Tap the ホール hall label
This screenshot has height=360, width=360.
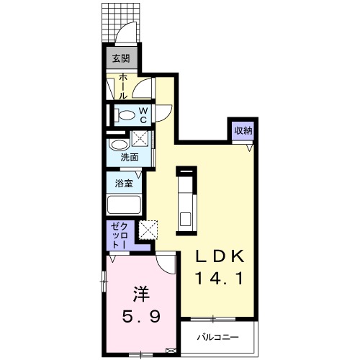[123, 86]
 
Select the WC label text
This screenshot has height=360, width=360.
[143, 114]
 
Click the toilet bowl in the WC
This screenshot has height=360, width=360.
[125, 114]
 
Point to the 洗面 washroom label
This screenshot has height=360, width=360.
[129, 156]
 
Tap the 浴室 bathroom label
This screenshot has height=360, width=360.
[124, 183]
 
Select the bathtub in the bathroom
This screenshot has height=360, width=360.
[125, 205]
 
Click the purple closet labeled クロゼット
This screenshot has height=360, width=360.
[118, 235]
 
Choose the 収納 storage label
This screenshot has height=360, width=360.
[242, 131]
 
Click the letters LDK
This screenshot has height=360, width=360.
[222, 257]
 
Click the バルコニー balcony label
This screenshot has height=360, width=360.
[219, 336]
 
